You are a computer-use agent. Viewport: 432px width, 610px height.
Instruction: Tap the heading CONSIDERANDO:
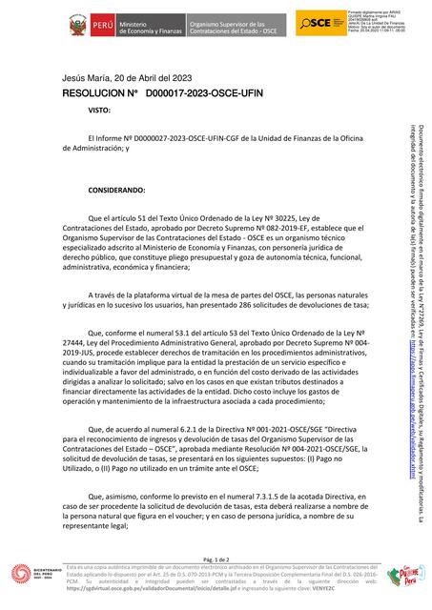tap(116, 191)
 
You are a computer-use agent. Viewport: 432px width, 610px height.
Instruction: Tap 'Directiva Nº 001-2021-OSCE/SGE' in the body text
tap(255, 430)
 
